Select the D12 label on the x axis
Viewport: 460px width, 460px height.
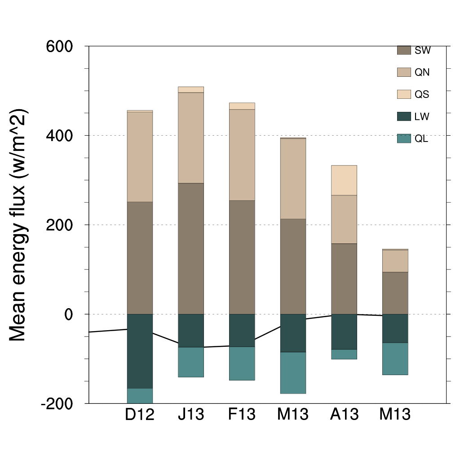[x=140, y=414]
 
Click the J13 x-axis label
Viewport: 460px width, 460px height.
[x=191, y=414]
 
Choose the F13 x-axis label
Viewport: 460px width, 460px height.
[x=242, y=414]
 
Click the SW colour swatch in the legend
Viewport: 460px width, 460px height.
[x=404, y=50]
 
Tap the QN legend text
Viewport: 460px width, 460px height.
[x=422, y=72]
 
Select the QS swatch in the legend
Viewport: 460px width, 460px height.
[x=404, y=94]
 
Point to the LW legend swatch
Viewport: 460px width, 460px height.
[x=404, y=117]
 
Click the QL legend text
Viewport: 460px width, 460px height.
[x=421, y=139]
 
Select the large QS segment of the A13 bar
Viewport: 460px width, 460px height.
[x=344, y=180]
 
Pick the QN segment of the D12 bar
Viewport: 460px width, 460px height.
[x=140, y=157]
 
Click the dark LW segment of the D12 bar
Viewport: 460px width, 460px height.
[x=140, y=351]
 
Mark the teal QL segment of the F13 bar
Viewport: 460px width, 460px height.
[x=242, y=363]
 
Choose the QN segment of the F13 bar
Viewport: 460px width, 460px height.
[x=242, y=155]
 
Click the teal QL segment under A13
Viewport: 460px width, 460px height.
[x=344, y=354]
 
